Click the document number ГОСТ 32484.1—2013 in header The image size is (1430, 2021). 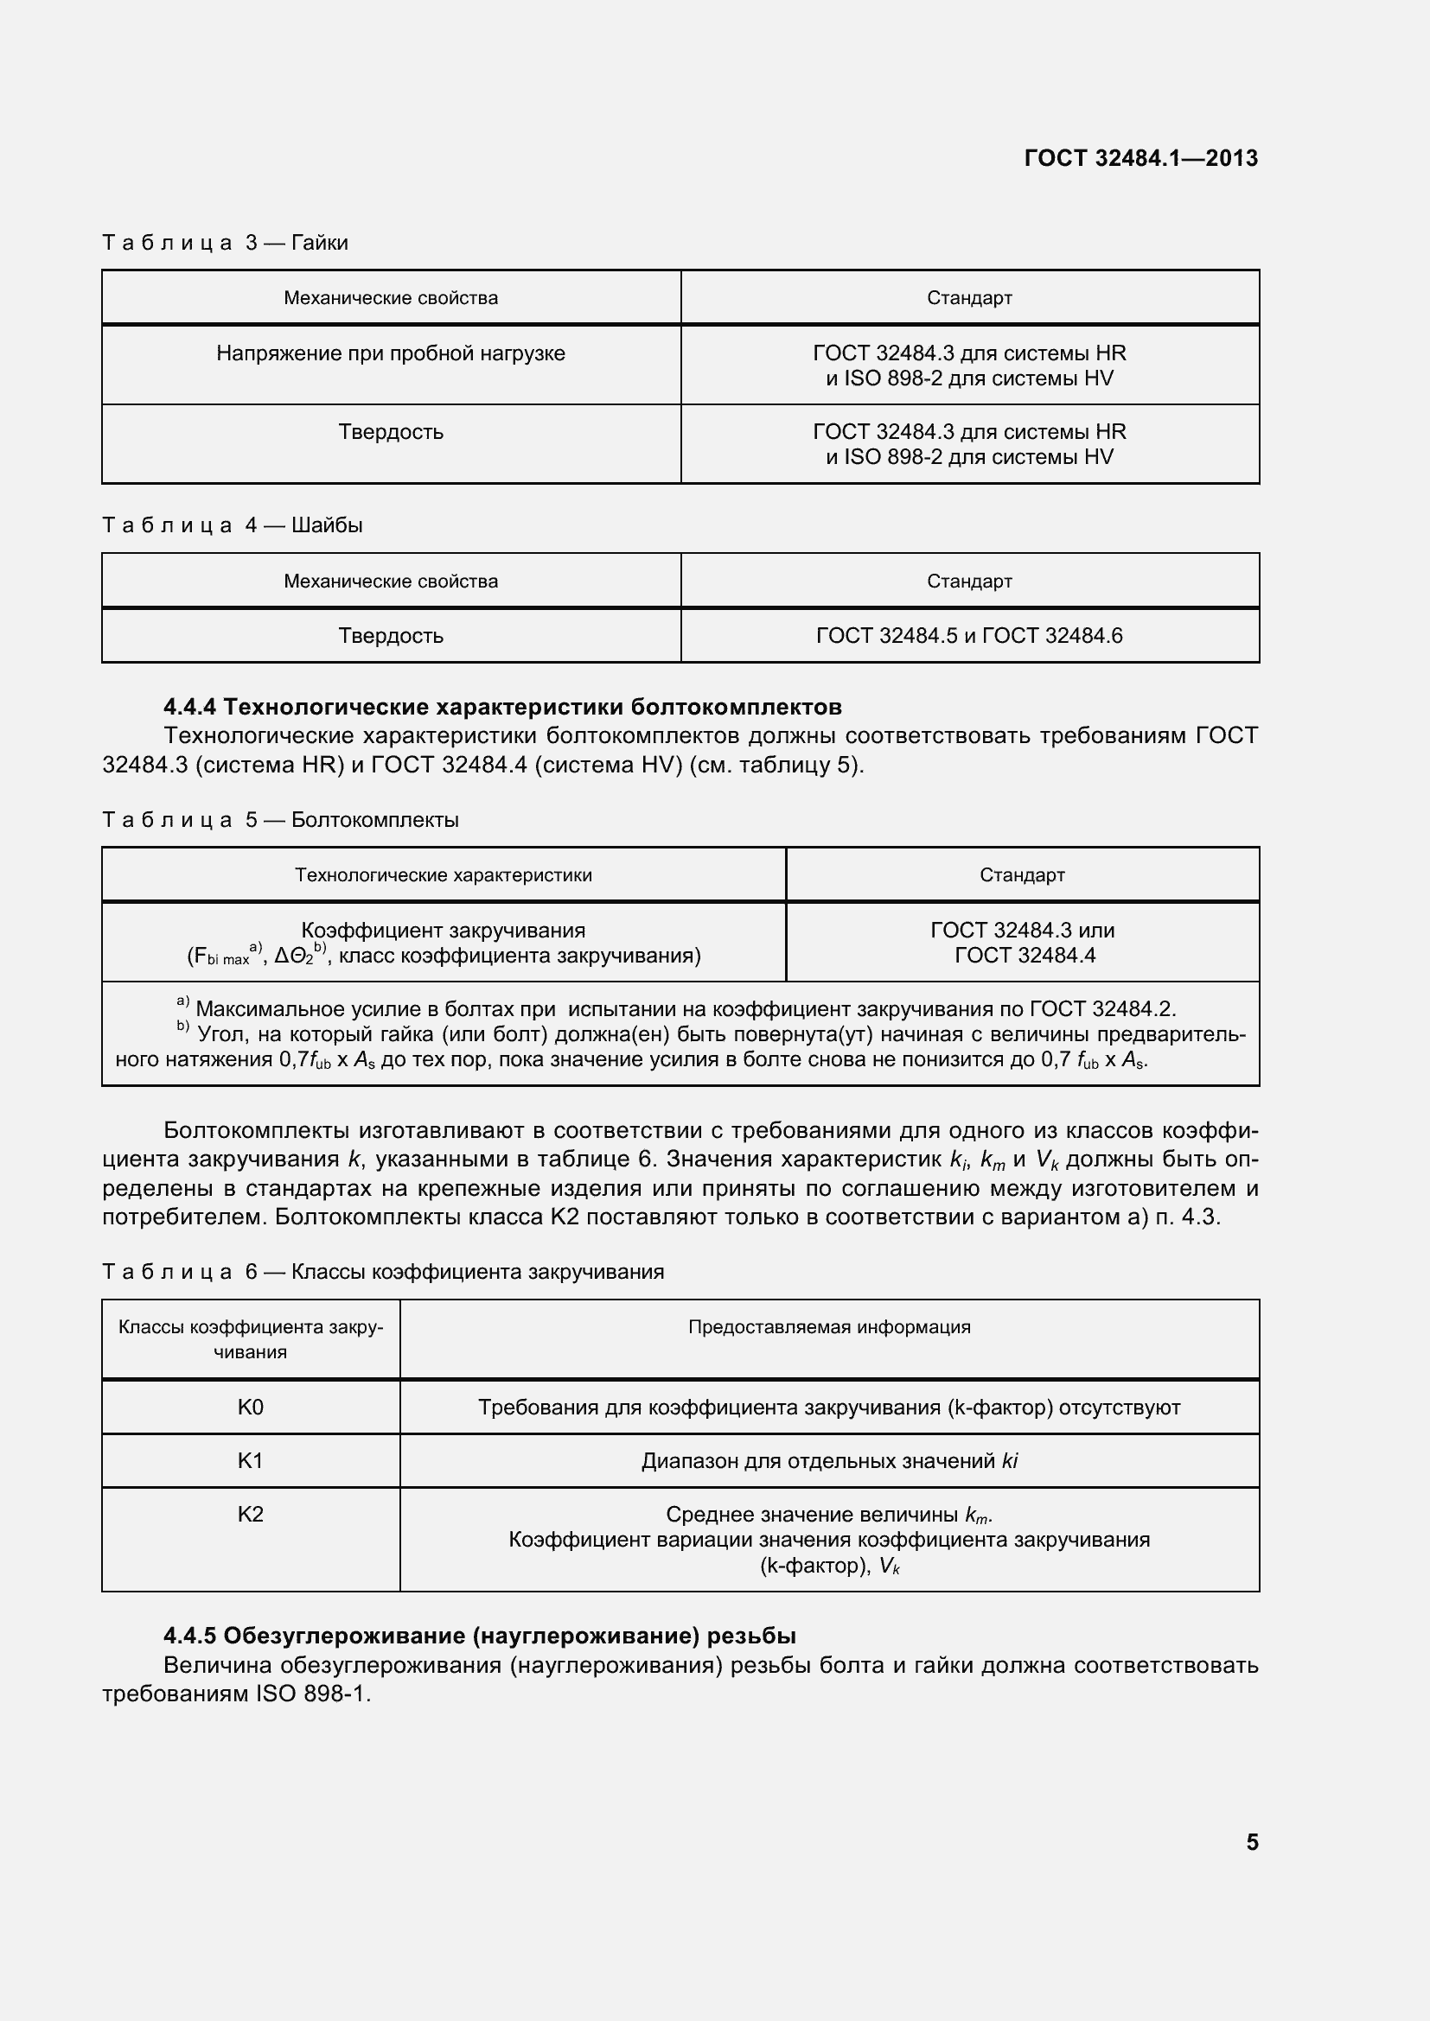[1140, 158]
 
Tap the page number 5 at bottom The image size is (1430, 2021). [1251, 1841]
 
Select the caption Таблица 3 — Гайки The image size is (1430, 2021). [226, 243]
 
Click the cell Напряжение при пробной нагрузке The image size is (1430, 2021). [390, 354]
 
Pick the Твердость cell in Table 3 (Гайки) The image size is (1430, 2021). [390, 432]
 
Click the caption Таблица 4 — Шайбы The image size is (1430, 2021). [233, 525]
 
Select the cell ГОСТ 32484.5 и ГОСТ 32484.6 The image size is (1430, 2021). [968, 636]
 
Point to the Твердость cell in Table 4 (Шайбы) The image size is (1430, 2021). [390, 636]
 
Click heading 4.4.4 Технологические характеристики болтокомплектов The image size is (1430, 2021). [502, 707]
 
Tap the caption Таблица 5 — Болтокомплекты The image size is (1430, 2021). [281, 820]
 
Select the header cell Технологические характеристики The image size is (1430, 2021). [443, 875]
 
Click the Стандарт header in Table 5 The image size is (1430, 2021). [1021, 875]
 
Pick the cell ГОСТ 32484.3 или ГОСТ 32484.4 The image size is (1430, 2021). [1021, 943]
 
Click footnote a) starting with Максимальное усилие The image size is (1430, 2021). [684, 1008]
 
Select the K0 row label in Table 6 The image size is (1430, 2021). [250, 1407]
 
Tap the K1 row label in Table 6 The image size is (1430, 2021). [250, 1460]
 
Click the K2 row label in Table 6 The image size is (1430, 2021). [250, 1514]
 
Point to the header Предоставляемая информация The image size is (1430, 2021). [828, 1326]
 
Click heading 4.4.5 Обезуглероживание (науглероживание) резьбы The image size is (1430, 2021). [480, 1636]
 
